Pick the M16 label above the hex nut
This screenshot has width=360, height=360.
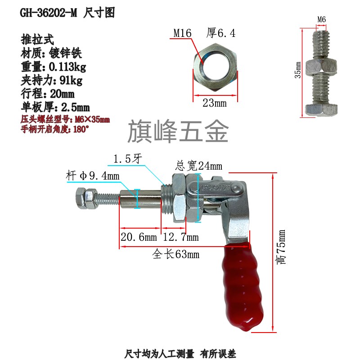(x=183, y=33)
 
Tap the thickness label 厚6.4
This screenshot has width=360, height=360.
(x=220, y=33)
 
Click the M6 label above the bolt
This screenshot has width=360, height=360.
(x=322, y=19)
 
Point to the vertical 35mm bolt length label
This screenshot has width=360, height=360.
(x=298, y=70)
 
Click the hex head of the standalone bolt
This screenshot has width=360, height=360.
(x=321, y=109)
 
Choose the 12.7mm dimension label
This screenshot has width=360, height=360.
(x=180, y=237)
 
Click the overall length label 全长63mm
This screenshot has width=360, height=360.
(x=176, y=255)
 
